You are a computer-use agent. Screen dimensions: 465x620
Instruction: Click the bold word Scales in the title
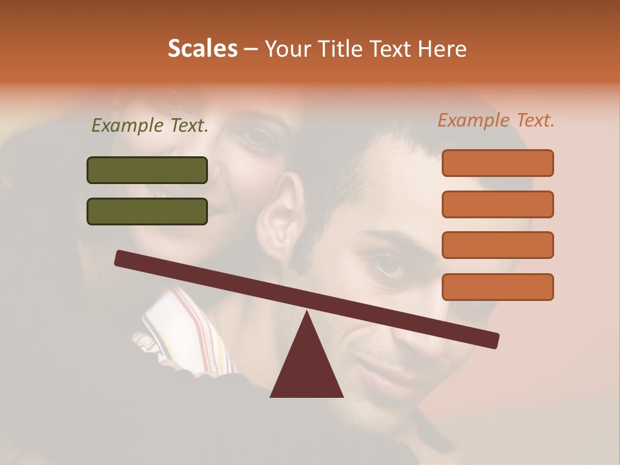(x=202, y=48)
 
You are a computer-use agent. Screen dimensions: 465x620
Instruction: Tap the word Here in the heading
(x=442, y=48)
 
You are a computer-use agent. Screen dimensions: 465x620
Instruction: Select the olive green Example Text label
(x=150, y=126)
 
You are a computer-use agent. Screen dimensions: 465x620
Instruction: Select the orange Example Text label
(x=496, y=120)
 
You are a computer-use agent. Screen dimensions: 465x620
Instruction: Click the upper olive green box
(x=147, y=170)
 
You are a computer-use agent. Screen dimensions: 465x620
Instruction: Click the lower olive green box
(x=147, y=211)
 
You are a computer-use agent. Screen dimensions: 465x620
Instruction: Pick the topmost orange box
(x=497, y=163)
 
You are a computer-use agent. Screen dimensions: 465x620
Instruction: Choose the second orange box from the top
(x=497, y=204)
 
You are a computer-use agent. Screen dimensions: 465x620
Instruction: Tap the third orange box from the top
(x=497, y=245)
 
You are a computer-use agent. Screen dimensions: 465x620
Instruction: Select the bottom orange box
(x=497, y=287)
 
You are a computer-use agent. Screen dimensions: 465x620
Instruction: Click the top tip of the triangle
(x=307, y=314)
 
